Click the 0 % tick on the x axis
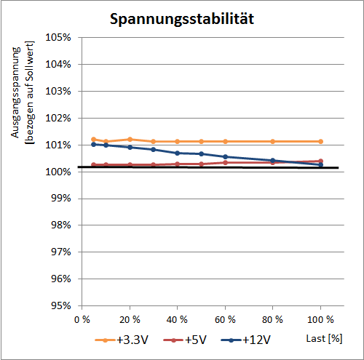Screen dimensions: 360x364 82,319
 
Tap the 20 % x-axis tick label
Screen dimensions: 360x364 130,319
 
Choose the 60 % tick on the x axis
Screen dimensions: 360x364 225,319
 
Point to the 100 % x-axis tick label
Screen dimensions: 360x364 320,319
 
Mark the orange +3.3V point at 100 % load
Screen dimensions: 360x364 320,141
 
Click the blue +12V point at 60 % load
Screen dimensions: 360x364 225,156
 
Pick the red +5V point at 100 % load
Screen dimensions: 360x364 320,161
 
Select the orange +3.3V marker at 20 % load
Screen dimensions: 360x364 130,139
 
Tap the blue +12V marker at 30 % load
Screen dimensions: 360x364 154,149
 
